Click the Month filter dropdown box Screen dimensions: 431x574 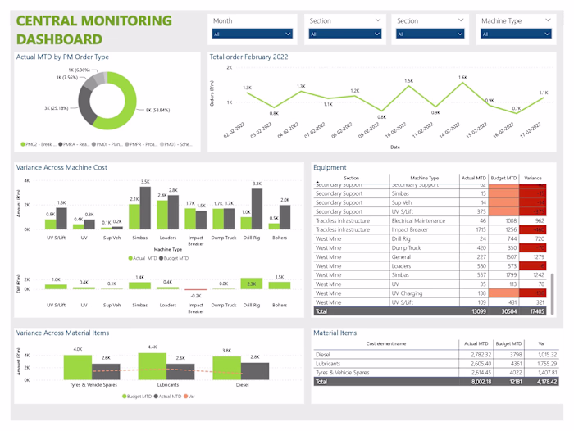coord(252,34)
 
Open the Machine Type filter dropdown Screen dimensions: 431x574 coord(515,34)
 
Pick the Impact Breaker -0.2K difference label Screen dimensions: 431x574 coord(196,296)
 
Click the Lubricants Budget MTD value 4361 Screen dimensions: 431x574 coord(510,363)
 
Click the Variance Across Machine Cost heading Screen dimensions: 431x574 coord(62,167)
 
